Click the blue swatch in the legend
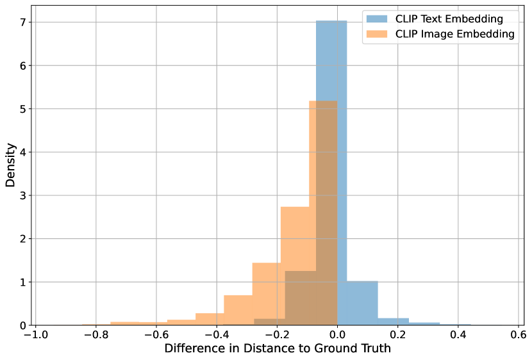click(x=378, y=19)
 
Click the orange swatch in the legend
click(x=378, y=34)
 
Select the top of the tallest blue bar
click(x=331, y=22)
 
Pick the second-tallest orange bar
click(x=295, y=237)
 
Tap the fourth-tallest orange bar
click(x=237, y=310)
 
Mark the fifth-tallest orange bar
click(x=210, y=319)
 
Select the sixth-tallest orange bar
click(x=181, y=322)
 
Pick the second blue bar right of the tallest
click(x=393, y=322)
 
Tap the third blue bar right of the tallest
click(x=424, y=323)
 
